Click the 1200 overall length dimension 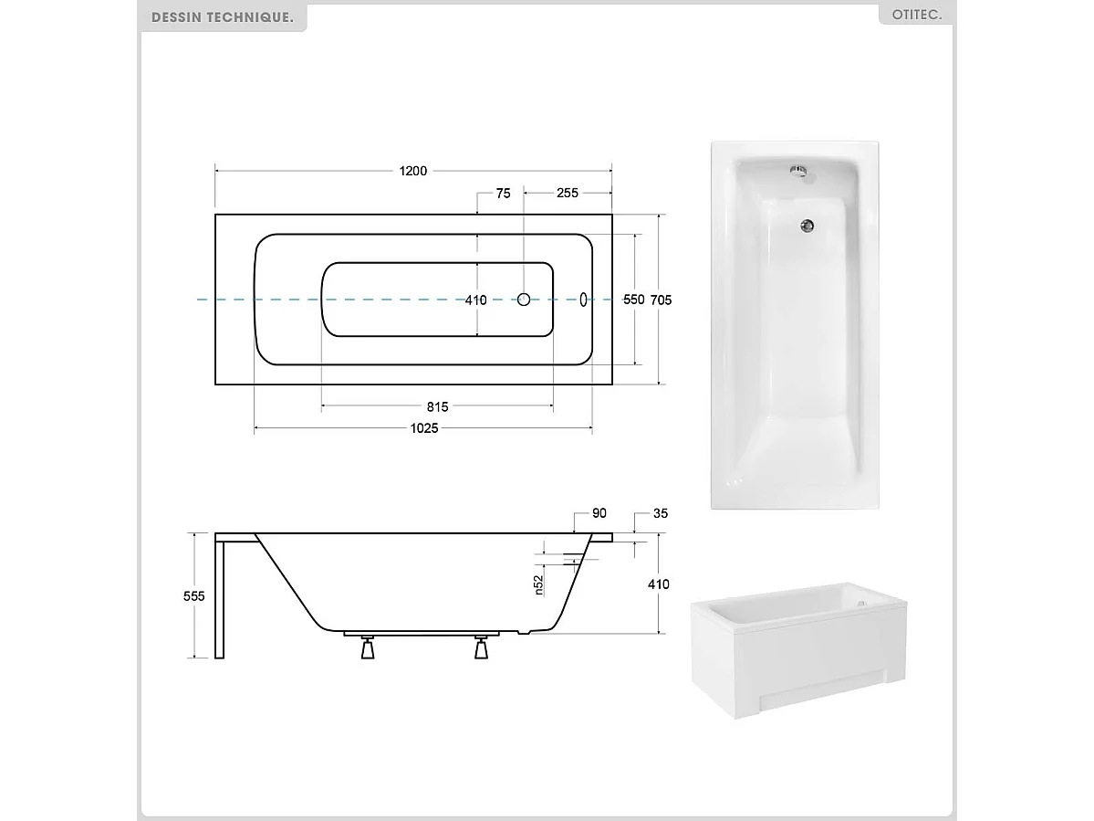(x=413, y=171)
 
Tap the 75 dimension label (x=503, y=193)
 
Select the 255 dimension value (x=568, y=193)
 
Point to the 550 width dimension (x=633, y=300)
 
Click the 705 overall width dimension (x=662, y=300)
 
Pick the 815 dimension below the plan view (x=436, y=407)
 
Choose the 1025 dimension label (x=423, y=429)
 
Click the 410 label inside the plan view (x=476, y=300)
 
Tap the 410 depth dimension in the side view (x=659, y=584)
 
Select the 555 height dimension (x=193, y=595)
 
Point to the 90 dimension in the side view (x=599, y=514)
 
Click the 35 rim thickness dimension (x=660, y=514)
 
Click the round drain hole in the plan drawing (x=524, y=300)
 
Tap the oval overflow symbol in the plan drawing (x=584, y=300)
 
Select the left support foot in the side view (x=368, y=647)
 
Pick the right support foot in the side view (x=481, y=647)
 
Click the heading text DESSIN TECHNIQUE (x=223, y=17)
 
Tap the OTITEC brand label (x=915, y=16)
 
